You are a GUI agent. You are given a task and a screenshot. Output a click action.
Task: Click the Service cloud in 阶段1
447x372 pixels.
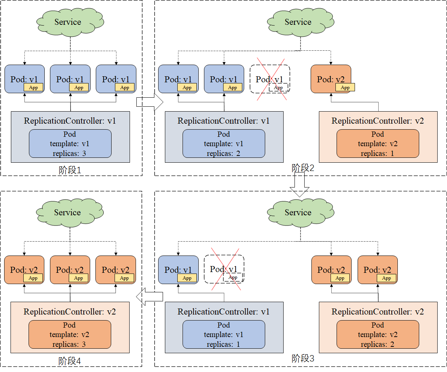(68, 22)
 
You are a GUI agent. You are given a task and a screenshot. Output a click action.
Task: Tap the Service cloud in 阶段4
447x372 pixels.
(68, 213)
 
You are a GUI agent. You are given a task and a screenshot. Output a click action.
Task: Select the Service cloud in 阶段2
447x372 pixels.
(298, 22)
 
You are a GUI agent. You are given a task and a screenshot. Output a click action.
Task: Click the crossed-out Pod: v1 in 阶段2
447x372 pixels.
(270, 79)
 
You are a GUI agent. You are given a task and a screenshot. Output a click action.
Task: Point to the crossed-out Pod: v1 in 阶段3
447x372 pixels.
(224, 269)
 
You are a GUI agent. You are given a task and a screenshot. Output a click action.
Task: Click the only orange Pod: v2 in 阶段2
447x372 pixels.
(331, 79)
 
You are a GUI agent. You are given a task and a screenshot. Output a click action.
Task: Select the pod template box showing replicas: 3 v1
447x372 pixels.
(70, 144)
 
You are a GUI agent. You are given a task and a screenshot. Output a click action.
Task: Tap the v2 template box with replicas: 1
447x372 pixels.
(378, 144)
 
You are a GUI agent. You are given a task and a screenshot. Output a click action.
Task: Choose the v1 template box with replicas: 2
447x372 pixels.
(223, 144)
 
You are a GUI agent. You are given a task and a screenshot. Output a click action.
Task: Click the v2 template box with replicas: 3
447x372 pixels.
(69, 334)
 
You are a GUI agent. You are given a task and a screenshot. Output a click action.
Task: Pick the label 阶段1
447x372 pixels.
(70, 170)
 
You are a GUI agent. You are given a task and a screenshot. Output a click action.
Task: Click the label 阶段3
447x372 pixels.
(303, 359)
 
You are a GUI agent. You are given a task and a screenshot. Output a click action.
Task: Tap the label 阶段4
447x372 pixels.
(69, 361)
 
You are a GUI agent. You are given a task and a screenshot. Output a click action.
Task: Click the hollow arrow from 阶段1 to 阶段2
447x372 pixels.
(149, 102)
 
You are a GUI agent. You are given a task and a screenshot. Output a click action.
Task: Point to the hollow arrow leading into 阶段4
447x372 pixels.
(149, 296)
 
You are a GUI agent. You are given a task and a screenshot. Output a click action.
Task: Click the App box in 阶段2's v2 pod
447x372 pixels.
(345, 88)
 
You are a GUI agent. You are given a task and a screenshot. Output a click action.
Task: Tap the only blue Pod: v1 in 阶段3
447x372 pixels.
(178, 270)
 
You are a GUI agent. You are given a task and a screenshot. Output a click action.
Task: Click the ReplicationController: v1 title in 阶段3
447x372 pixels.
(223, 312)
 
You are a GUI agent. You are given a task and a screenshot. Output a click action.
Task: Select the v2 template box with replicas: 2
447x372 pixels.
(378, 334)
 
